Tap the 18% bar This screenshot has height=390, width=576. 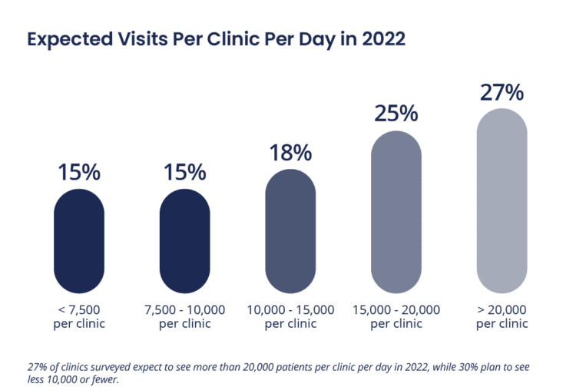[290, 230]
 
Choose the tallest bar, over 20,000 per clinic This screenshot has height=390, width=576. [502, 200]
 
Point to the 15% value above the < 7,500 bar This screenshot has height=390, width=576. [79, 172]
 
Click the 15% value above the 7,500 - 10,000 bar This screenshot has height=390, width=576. [184, 172]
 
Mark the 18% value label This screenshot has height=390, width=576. [290, 152]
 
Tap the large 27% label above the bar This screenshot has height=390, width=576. [502, 92]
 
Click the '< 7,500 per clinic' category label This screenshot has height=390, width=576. [79, 316]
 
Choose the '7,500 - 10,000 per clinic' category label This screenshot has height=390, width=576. [184, 316]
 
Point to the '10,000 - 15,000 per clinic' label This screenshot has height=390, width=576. [290, 316]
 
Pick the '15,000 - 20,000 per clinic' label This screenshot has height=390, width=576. [396, 316]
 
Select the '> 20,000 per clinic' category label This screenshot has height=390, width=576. [502, 316]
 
